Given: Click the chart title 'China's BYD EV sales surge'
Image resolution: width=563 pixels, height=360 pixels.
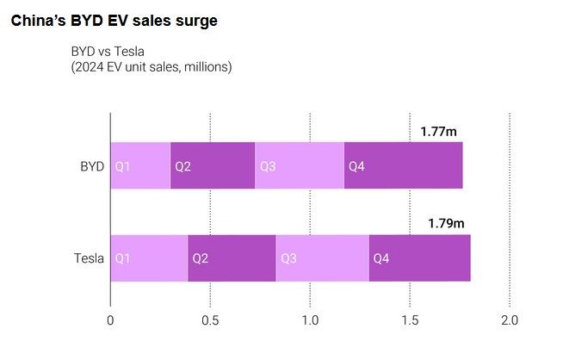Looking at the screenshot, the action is [114, 21].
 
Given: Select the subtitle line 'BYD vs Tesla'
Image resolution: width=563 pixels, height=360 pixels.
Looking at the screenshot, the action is [108, 52].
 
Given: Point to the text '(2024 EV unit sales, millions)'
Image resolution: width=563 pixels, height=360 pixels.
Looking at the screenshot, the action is [152, 67].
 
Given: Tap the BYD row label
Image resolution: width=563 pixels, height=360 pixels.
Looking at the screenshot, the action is [92, 166].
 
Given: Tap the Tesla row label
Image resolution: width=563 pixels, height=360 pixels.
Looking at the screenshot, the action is [89, 258].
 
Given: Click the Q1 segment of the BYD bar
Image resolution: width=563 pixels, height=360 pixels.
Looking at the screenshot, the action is [140, 165].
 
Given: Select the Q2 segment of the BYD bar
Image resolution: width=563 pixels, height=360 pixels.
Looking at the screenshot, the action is [213, 165].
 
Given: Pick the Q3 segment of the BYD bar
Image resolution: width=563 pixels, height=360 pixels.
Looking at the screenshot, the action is [300, 165].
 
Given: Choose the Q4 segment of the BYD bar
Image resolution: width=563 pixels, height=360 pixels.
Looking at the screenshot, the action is [404, 165].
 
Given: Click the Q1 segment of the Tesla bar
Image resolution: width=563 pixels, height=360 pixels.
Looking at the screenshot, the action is [149, 258].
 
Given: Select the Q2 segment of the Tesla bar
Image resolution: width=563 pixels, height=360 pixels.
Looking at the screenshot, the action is [232, 258].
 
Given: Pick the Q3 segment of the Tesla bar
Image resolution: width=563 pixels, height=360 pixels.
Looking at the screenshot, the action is [323, 258].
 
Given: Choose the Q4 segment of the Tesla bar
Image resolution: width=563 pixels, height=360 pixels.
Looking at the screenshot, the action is [420, 258].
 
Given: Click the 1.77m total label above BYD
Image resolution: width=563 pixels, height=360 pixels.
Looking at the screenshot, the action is [439, 132].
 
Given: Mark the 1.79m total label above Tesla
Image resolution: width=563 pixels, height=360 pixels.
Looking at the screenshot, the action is [446, 223].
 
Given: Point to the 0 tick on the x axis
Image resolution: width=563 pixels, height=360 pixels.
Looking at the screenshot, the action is [110, 320].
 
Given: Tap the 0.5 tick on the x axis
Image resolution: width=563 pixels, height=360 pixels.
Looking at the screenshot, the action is [210, 320].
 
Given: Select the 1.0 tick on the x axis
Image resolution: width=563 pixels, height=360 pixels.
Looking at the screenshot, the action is [310, 320].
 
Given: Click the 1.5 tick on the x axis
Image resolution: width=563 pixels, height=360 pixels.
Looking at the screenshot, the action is [410, 320].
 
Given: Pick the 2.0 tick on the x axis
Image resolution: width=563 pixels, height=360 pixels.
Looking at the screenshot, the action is [510, 320].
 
